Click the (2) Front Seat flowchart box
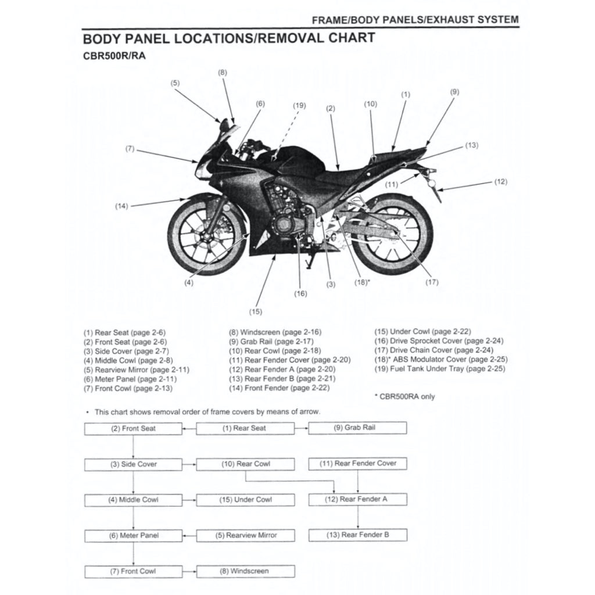[x=133, y=428]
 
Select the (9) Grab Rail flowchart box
[x=357, y=428]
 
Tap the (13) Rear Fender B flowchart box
[x=357, y=535]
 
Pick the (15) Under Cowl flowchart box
[x=245, y=500]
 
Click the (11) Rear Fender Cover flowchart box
[x=357, y=464]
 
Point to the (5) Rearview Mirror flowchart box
[x=245, y=535]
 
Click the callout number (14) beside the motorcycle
[x=121, y=206]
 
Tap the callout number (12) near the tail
[x=500, y=181]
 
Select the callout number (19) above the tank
[x=299, y=106]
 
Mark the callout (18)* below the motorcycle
[x=362, y=282]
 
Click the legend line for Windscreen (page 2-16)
[x=275, y=332]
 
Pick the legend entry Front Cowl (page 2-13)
[x=128, y=388]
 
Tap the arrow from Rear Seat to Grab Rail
[x=301, y=428]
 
